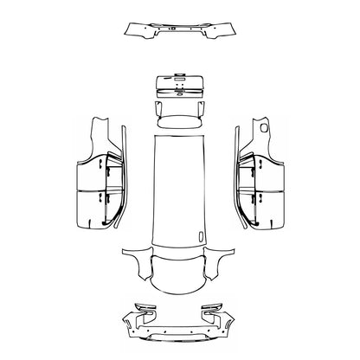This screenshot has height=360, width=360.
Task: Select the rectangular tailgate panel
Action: (x=180, y=87)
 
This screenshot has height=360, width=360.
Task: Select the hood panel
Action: (x=180, y=268)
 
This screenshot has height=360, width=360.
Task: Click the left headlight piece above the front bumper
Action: (x=144, y=306)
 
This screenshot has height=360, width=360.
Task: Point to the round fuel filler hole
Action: (x=261, y=127)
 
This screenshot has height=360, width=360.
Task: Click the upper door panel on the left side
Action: (x=90, y=173)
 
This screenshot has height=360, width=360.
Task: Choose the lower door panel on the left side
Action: (x=90, y=208)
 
